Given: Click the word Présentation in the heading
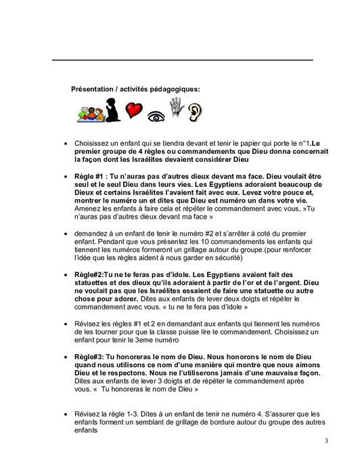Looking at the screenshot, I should click(93, 89).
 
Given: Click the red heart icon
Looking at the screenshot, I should click(136, 110).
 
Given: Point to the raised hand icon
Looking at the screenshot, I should click(177, 108).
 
